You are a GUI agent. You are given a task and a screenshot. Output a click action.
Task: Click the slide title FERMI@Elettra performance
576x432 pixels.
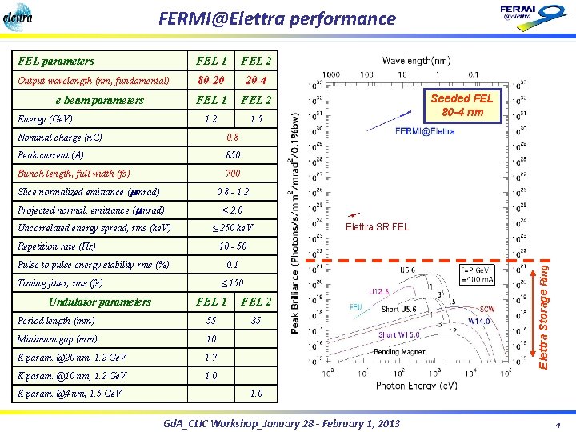click(x=277, y=18)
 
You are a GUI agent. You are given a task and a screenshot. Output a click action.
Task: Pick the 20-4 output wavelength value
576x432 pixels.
click(x=257, y=81)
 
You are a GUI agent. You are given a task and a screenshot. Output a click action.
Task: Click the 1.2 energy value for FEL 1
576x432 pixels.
click(x=210, y=118)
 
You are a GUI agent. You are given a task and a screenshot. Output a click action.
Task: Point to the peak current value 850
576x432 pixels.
click(x=234, y=155)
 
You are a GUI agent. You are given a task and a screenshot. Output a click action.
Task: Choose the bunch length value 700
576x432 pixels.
click(x=233, y=174)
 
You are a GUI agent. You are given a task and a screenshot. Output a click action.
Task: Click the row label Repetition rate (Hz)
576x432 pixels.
click(x=57, y=246)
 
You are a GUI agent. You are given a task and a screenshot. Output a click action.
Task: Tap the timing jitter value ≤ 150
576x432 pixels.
click(x=233, y=283)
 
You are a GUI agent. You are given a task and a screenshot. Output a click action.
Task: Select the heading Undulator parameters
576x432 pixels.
click(x=100, y=302)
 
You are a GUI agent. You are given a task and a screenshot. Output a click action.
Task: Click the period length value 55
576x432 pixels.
click(x=211, y=321)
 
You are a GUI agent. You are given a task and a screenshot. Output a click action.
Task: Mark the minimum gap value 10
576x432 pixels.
click(x=211, y=339)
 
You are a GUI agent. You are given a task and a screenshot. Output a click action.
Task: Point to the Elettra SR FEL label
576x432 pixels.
click(x=377, y=226)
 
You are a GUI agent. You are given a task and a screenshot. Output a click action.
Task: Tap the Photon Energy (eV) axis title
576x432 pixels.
click(x=415, y=385)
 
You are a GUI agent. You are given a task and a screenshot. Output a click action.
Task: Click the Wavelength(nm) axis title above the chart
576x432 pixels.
click(x=415, y=61)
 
